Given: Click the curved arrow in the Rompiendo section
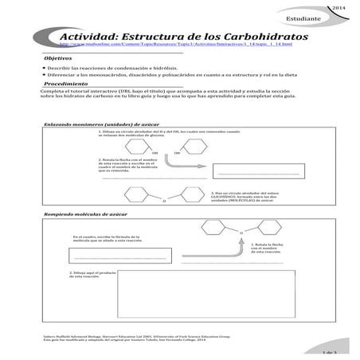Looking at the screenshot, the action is coord(240,231).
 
